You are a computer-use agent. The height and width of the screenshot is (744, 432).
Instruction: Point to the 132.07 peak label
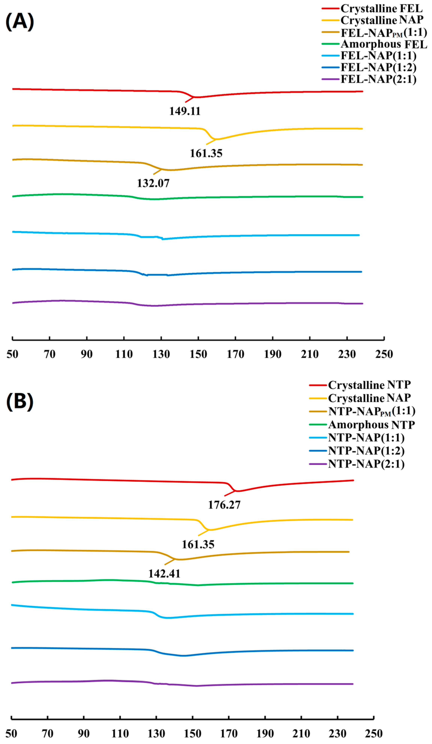coord(153,183)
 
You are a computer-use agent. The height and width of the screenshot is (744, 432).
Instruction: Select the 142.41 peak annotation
coord(164,574)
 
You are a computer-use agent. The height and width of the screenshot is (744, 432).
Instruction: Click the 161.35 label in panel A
coord(206,154)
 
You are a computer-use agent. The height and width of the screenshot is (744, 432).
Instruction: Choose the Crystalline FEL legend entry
coord(381,9)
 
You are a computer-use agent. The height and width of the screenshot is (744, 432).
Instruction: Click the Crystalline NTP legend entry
coord(369,385)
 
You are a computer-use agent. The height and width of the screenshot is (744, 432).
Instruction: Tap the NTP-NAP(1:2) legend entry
coord(366,451)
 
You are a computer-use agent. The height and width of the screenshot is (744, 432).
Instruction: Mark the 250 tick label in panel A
coord(384,354)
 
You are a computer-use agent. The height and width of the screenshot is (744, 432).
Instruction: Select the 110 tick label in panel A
coord(124,354)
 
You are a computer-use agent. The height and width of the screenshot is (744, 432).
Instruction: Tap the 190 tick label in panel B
coord(265,733)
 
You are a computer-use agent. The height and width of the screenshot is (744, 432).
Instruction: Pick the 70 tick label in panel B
coord(48,733)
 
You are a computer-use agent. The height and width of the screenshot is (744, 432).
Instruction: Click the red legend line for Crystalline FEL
coord(330,9)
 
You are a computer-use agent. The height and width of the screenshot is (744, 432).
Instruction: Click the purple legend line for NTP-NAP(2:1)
coord(318,464)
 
